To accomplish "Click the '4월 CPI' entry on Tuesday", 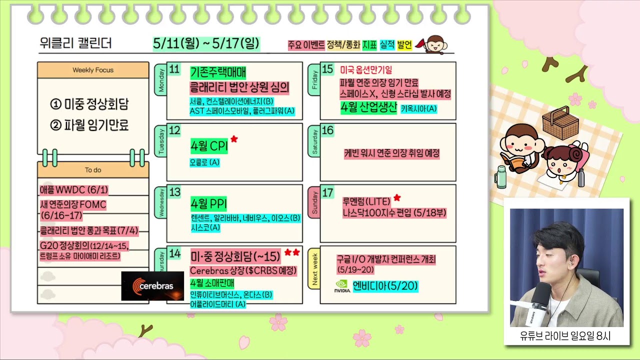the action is pos(209,146).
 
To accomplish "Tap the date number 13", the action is pos(174,192).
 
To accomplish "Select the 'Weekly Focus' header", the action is pos(93,70).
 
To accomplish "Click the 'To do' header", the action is pos(93,170).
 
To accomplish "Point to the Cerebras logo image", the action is pos(152,285).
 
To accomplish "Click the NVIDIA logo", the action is pos(342,286).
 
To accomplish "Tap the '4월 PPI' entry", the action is pos(208,203).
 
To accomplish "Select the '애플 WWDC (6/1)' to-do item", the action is pos(74,190).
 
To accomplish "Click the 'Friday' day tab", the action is pos(314,79).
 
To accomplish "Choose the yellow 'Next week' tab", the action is pos(314,268).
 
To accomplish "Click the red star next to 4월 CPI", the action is pos(234,139).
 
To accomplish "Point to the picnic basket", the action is pos(560,123).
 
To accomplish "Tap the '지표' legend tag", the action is pos(369,45).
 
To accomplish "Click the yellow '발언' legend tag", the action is pos(404,45).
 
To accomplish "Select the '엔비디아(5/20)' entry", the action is pos(385,286).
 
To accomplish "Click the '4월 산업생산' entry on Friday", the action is pos(368,107).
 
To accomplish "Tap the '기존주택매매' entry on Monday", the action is pos(218,72).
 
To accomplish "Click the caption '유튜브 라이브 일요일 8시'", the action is pos(565,336).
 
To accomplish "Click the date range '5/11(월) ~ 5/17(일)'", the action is pos(206,43).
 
